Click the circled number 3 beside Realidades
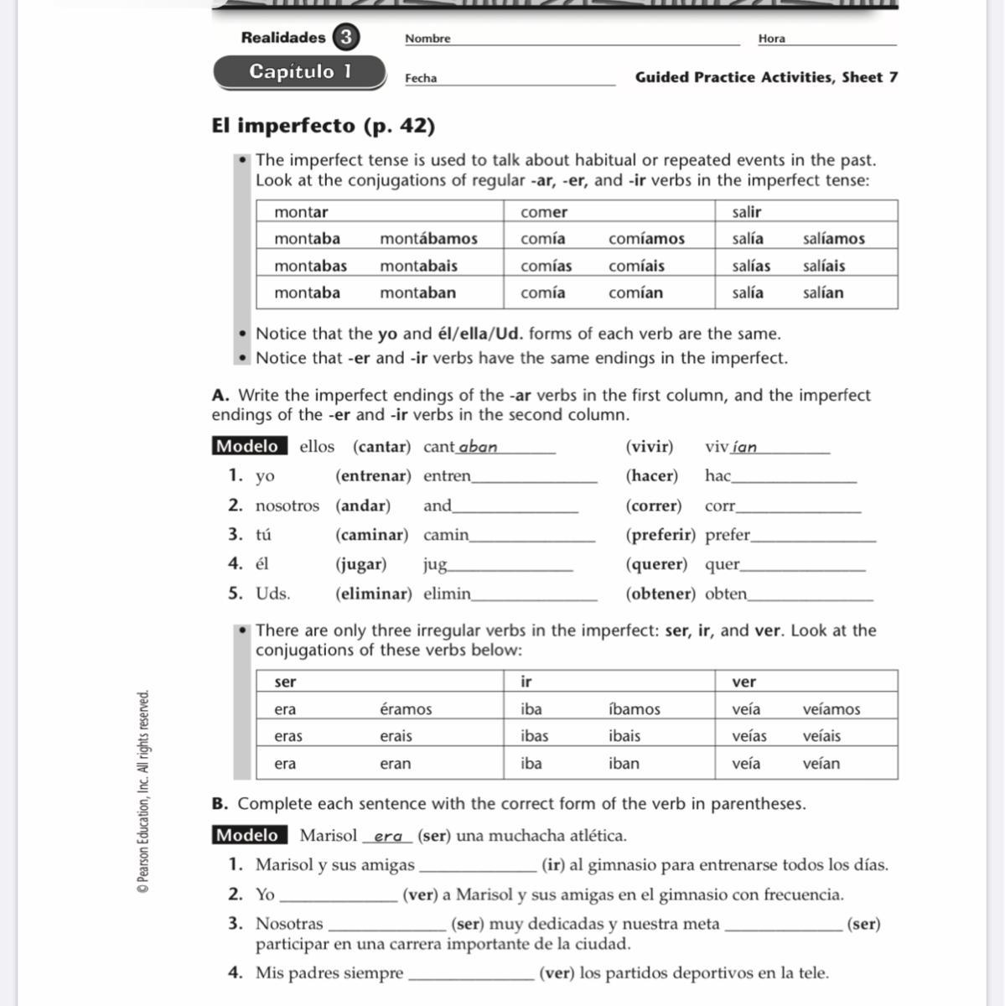pos(344,38)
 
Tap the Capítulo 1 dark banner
pos(299,72)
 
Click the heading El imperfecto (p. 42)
pos(324,126)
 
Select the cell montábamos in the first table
pos(428,239)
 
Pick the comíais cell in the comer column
pos(636,266)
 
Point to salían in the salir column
pos(823,293)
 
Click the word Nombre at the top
pos(427,39)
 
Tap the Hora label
pos(771,39)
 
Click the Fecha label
pos(421,78)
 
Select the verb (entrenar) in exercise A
pos(373,476)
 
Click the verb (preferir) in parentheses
pos(661,535)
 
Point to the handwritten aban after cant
pos(478,447)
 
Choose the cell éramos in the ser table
pos(406,709)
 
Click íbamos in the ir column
pos(634,709)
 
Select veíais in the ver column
pos(821,736)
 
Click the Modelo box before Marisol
pos(249,835)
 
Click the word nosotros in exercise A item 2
pos(287,506)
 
